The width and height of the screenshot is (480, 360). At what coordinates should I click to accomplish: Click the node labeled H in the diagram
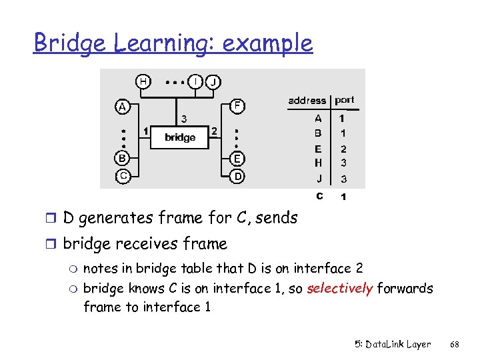143,81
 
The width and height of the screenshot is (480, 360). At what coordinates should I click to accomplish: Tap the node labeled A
121,107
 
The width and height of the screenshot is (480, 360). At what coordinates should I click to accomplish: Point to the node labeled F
237,105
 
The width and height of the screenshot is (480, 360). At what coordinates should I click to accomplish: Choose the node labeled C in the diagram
122,176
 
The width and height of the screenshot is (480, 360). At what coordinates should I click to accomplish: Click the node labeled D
237,177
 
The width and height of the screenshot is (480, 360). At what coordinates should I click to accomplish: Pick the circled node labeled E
237,159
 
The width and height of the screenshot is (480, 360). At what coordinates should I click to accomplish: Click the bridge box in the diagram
180,137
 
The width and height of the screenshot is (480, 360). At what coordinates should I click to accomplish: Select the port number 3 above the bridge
184,119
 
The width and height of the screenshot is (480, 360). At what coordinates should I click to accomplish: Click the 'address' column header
307,101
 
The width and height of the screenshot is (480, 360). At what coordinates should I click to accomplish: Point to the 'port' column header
345,100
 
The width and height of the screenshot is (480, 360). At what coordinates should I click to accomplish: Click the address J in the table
319,179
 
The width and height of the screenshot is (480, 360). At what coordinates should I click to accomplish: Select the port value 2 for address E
343,149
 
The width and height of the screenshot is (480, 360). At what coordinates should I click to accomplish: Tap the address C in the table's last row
319,197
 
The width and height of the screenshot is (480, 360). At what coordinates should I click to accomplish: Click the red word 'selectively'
339,289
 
